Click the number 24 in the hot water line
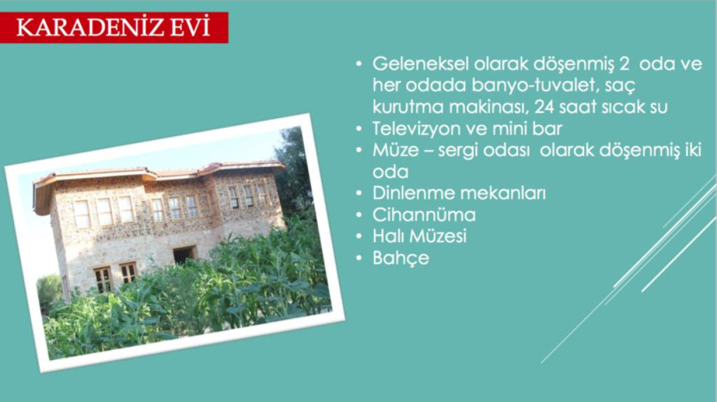click(x=544, y=107)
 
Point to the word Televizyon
click(x=416, y=130)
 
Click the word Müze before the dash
click(x=396, y=150)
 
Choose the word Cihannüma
click(x=424, y=215)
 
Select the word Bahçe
click(x=401, y=258)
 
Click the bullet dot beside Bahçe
click(x=359, y=258)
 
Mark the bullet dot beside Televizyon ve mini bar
click(x=359, y=129)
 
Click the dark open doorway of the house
click(x=184, y=255)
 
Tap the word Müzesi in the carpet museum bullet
click(x=438, y=236)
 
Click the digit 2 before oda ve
click(x=624, y=64)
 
